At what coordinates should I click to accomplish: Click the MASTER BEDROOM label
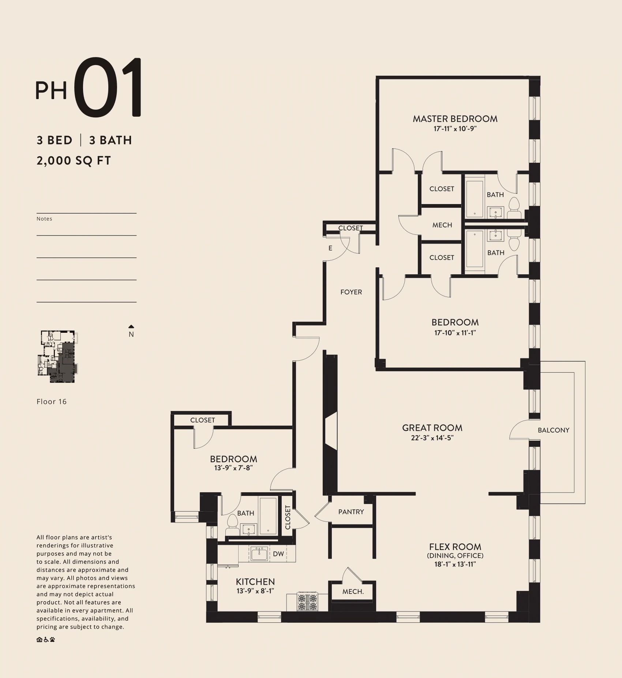(455, 119)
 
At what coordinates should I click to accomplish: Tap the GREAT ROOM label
(432, 428)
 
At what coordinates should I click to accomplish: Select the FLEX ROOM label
(455, 547)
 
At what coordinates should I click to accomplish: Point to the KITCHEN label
(255, 581)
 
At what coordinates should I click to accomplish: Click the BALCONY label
(554, 430)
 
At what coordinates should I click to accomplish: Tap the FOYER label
(351, 292)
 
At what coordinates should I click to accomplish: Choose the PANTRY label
(351, 512)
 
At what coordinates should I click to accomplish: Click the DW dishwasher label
(278, 554)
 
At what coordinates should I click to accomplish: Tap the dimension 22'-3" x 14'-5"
(432, 438)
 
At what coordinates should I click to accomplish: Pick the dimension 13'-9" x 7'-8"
(233, 468)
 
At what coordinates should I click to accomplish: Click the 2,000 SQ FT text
(74, 161)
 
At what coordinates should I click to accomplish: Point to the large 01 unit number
(108, 88)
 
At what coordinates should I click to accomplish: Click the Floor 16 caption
(52, 402)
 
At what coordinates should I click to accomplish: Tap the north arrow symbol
(131, 327)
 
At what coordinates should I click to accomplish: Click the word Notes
(44, 219)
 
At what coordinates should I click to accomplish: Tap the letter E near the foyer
(330, 248)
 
